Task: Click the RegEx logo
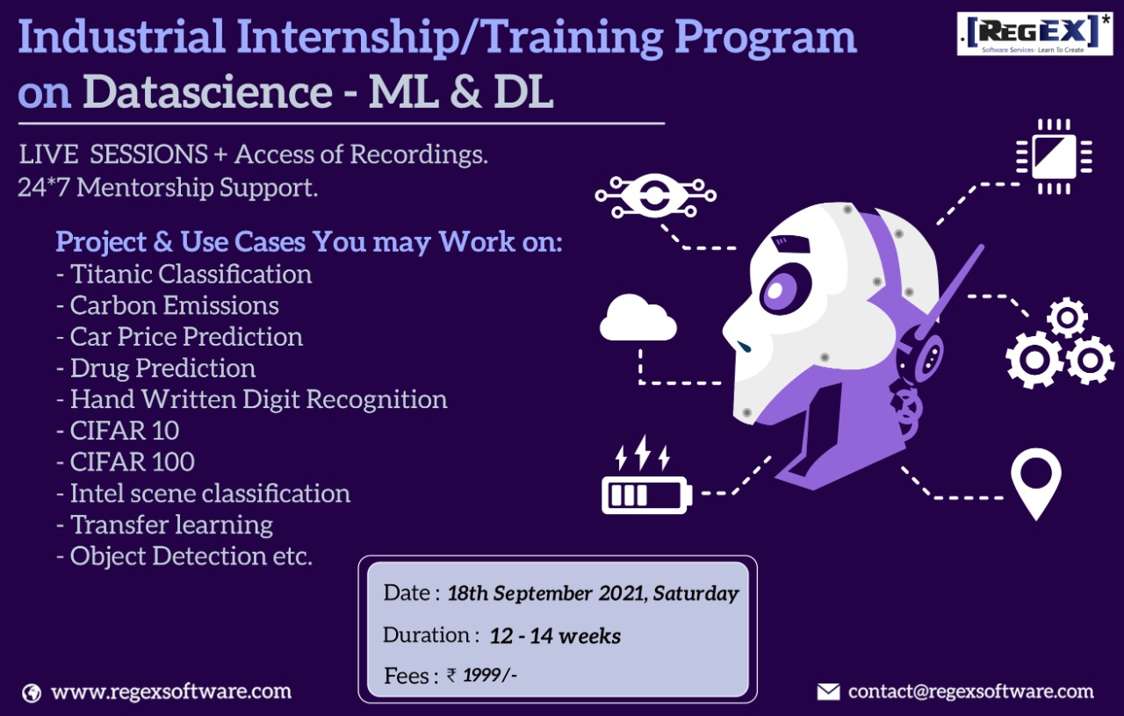1034,33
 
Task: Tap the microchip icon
1055,156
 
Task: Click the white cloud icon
638,318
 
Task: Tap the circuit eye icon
655,196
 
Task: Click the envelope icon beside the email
828,692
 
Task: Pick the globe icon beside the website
32,693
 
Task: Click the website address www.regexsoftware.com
171,692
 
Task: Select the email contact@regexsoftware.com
971,692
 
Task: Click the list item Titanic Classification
184,275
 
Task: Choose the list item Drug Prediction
155,368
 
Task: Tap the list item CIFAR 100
126,462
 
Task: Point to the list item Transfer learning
164,525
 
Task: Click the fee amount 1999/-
489,676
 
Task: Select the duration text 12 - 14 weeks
555,636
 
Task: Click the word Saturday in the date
695,594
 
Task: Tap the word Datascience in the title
208,91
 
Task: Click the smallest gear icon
1067,318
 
